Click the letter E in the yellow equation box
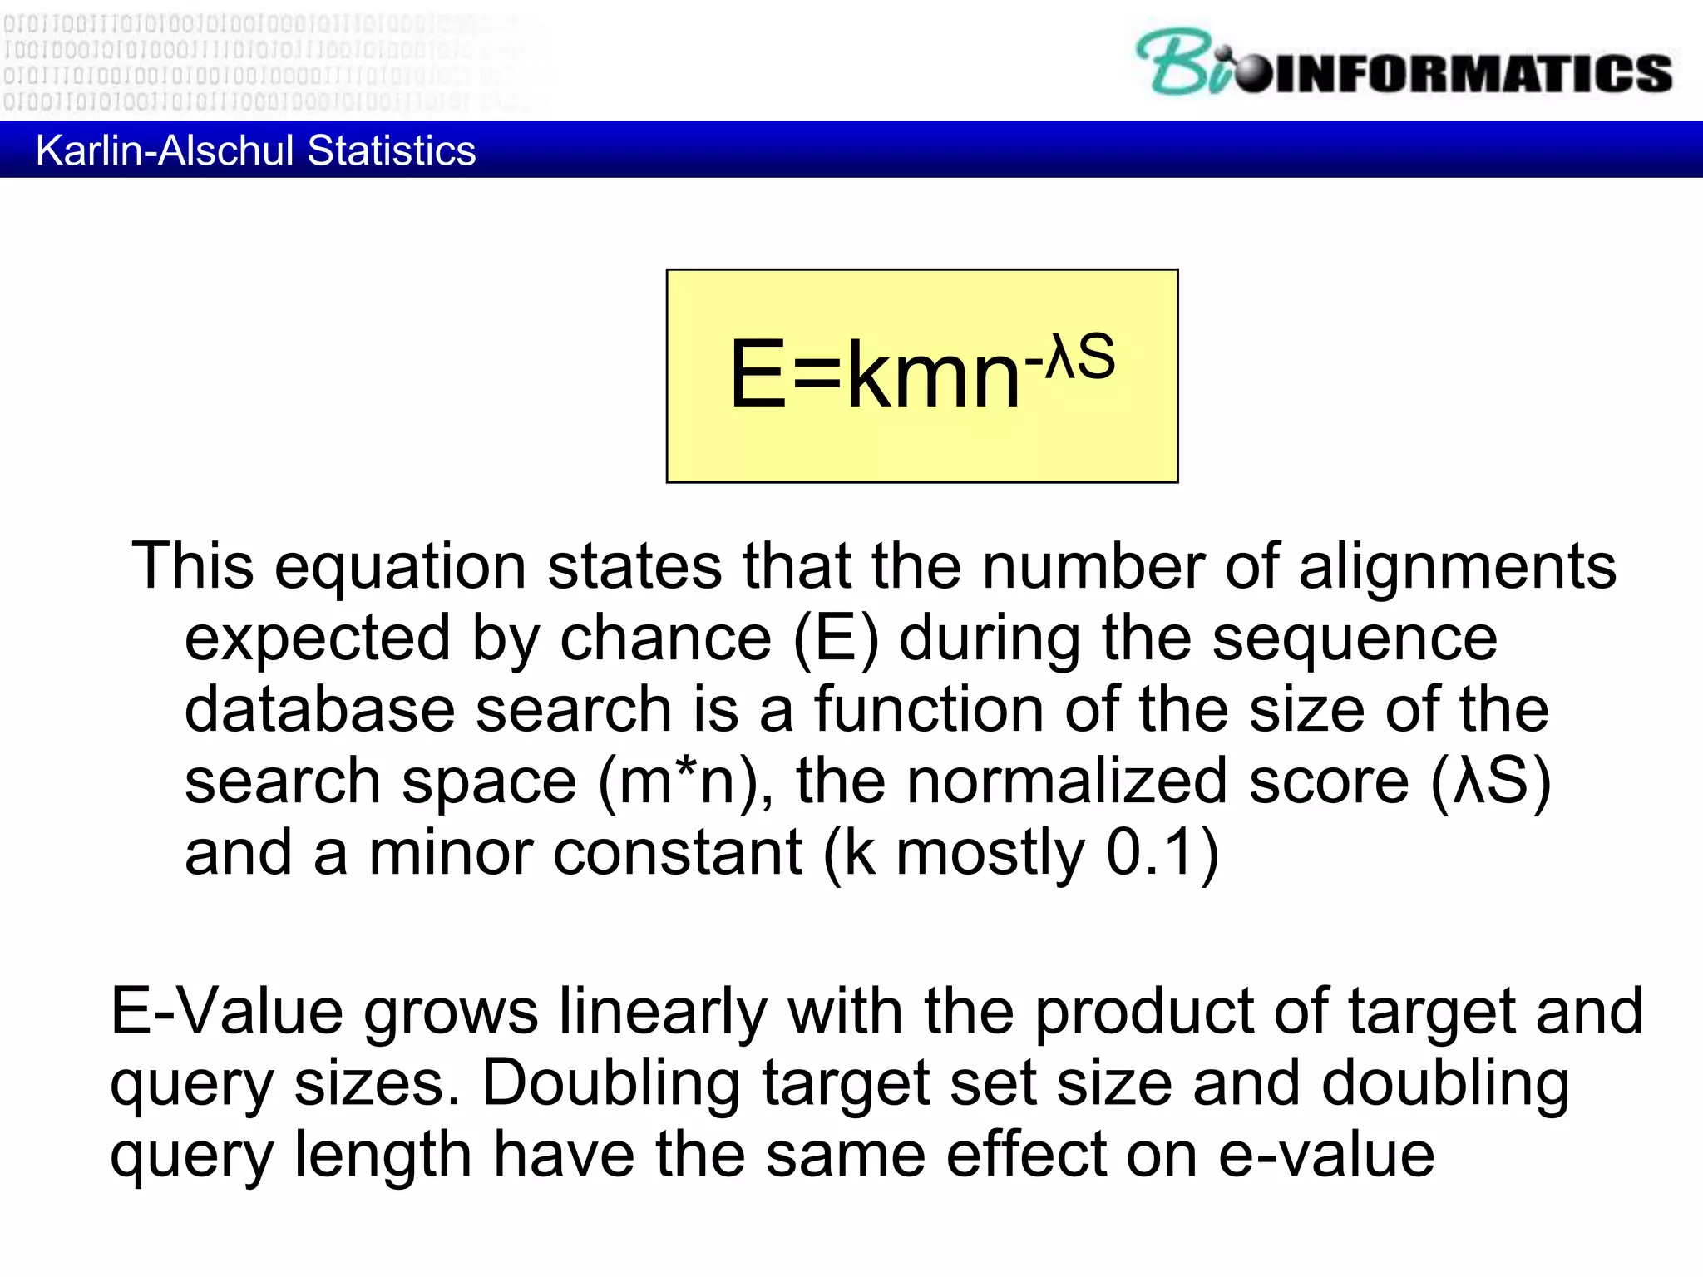click(758, 375)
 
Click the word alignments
click(1457, 566)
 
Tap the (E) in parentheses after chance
click(835, 638)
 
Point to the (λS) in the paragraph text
click(1490, 781)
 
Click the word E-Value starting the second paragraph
click(226, 1012)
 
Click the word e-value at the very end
click(1326, 1155)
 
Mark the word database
click(319, 710)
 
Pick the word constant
click(677, 853)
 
